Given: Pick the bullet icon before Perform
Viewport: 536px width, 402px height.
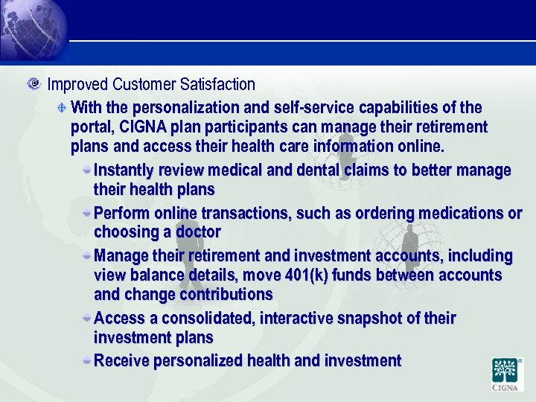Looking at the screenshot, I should pyautogui.click(x=87, y=212).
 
